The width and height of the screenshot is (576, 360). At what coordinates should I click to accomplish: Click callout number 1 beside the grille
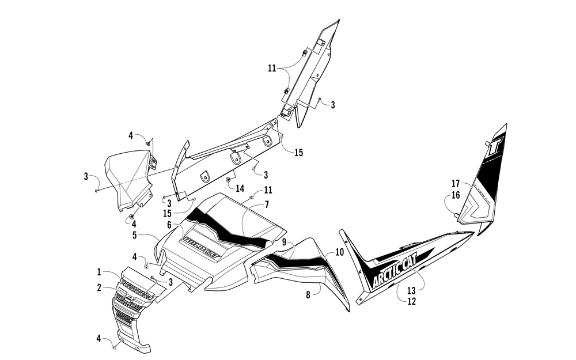click(99, 272)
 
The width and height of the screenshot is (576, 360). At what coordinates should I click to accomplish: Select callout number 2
click(99, 287)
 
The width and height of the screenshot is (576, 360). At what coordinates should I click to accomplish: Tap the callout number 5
click(134, 235)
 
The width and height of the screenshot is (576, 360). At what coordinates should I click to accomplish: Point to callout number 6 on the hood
click(169, 224)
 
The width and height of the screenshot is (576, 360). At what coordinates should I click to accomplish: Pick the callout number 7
click(267, 204)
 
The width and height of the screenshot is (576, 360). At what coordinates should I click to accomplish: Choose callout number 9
click(283, 244)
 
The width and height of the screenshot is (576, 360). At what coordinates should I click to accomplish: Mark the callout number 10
click(339, 252)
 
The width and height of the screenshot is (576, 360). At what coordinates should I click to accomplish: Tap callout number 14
click(240, 187)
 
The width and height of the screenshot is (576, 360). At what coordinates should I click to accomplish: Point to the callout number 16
click(456, 195)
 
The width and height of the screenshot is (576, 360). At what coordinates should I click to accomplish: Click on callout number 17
click(456, 184)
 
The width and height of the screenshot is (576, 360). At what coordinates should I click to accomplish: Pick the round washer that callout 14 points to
click(229, 180)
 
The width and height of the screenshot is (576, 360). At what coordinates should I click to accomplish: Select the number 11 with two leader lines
click(272, 68)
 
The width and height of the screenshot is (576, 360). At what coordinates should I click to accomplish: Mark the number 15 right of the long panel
click(298, 153)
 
